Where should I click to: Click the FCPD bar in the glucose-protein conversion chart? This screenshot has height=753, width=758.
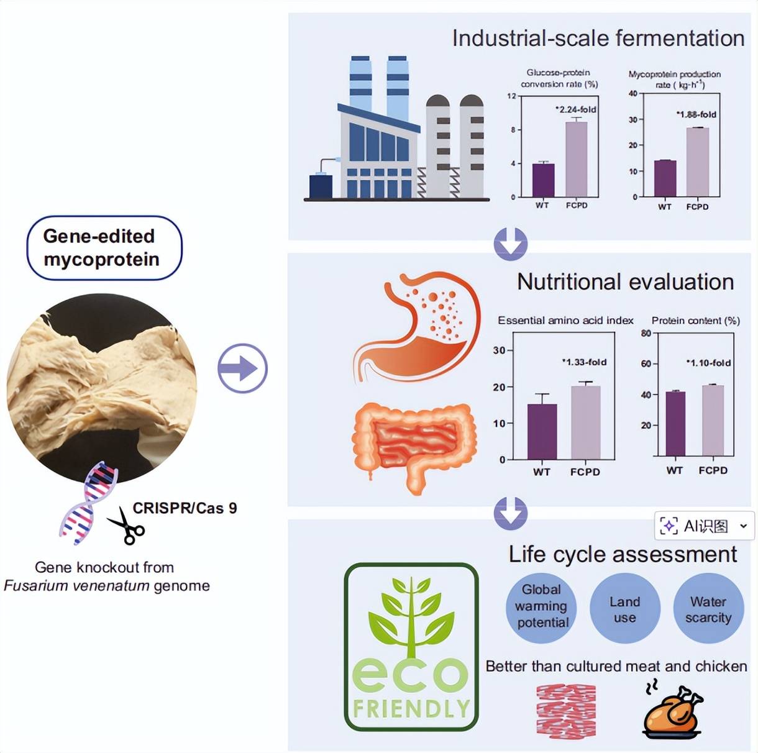point(577,159)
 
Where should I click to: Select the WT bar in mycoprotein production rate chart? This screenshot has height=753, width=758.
point(665,178)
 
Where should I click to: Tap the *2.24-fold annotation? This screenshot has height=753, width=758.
point(576,109)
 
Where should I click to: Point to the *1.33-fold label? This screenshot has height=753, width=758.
point(585,362)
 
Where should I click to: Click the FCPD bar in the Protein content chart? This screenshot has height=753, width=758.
point(713,421)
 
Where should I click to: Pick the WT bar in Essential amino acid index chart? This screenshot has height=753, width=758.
point(542,431)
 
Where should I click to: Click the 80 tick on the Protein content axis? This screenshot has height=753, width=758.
point(646,333)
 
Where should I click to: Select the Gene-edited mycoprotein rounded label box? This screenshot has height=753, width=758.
point(104,248)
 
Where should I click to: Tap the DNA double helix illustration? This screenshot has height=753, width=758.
point(90,503)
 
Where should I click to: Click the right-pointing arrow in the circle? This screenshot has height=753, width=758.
point(242,368)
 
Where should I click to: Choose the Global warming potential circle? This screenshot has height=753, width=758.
point(541,607)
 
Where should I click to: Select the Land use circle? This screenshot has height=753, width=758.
point(624,609)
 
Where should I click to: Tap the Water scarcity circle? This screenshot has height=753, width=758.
point(708,609)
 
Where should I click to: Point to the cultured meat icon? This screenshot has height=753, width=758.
point(566,711)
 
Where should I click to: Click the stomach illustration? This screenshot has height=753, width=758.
point(422,323)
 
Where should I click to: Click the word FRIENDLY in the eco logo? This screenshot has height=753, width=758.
point(411,709)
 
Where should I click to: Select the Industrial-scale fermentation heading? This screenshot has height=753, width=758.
point(598,38)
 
